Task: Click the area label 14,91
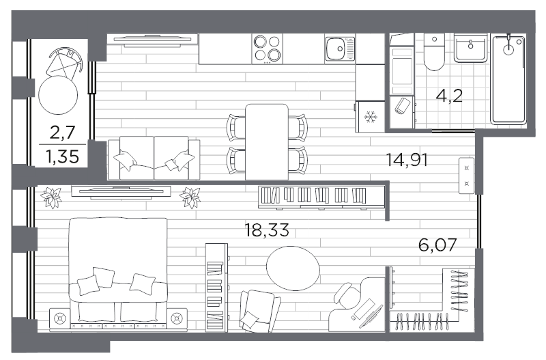[407, 160]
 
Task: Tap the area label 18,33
[267, 230]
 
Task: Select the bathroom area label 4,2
[449, 96]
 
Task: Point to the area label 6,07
[437, 245]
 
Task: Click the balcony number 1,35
[62, 156]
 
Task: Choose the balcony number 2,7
[63, 133]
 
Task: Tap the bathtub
[508, 79]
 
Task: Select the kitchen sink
[340, 49]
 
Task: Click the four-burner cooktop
[267, 49]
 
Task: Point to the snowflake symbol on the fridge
[371, 116]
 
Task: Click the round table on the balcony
[58, 95]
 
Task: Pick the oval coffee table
[293, 268]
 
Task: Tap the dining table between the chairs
[267, 142]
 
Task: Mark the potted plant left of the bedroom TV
[51, 197]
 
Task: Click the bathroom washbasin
[470, 49]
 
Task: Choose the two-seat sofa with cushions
[154, 158]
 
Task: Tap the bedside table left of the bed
[60, 318]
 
